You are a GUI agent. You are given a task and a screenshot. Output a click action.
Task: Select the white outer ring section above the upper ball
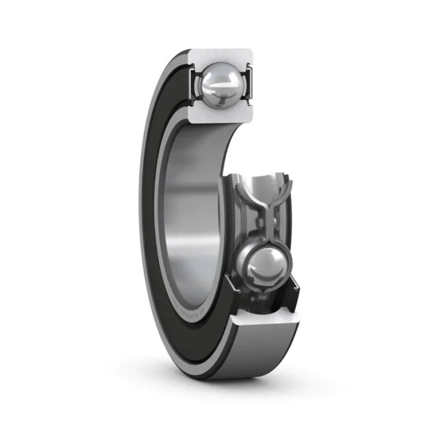pos(222,55)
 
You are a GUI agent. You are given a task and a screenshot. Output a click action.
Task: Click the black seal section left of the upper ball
pos(193,84)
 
